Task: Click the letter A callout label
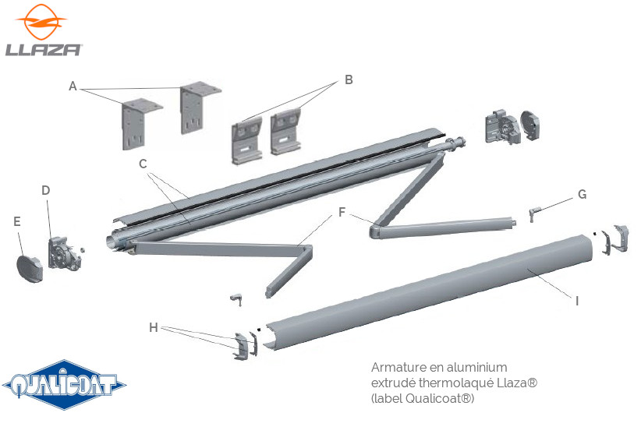73,86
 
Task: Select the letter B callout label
349,79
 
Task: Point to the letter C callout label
143,164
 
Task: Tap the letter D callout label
45,189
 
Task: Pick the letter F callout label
341,211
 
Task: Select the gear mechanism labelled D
64,251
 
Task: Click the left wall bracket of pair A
137,123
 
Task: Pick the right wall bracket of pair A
197,107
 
